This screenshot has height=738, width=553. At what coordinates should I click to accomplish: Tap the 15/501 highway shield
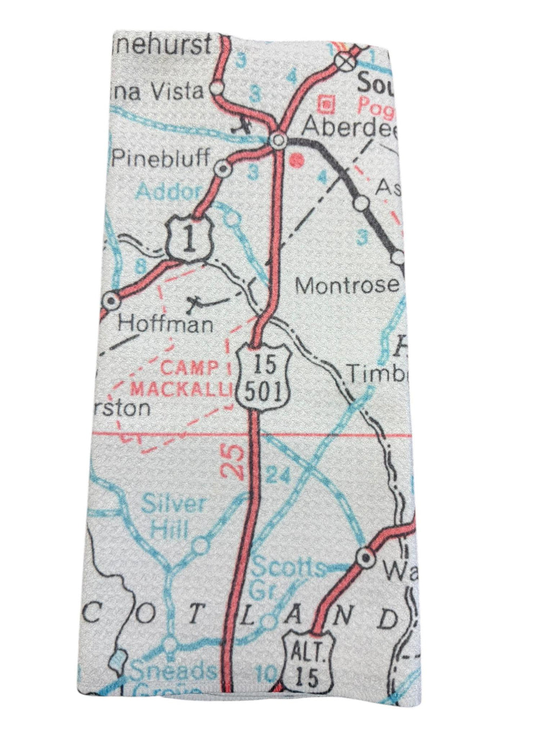264,376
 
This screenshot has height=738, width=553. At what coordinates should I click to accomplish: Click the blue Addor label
168,191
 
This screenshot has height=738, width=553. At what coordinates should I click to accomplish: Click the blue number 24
279,476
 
